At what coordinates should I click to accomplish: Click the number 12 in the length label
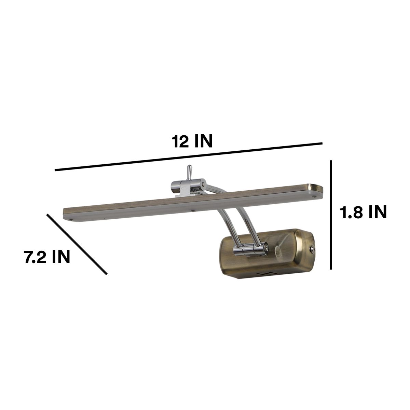(181, 141)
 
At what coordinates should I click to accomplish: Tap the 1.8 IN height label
(363, 213)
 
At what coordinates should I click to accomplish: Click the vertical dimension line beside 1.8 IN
(331, 215)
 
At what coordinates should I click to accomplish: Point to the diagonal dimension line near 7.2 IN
(77, 244)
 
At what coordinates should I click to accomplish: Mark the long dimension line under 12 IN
(189, 156)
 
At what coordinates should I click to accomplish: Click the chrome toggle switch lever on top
(189, 172)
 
